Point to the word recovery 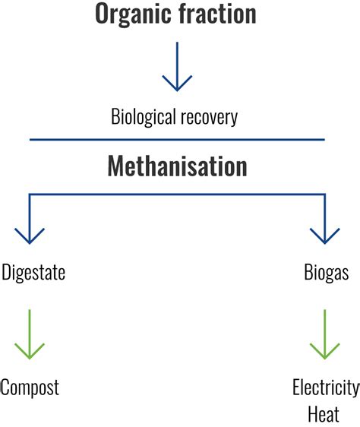210,118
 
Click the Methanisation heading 177,166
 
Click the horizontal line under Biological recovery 177,139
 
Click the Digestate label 33,273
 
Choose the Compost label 30,387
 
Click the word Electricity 325,387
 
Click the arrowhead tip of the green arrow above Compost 30,358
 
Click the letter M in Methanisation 116,166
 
